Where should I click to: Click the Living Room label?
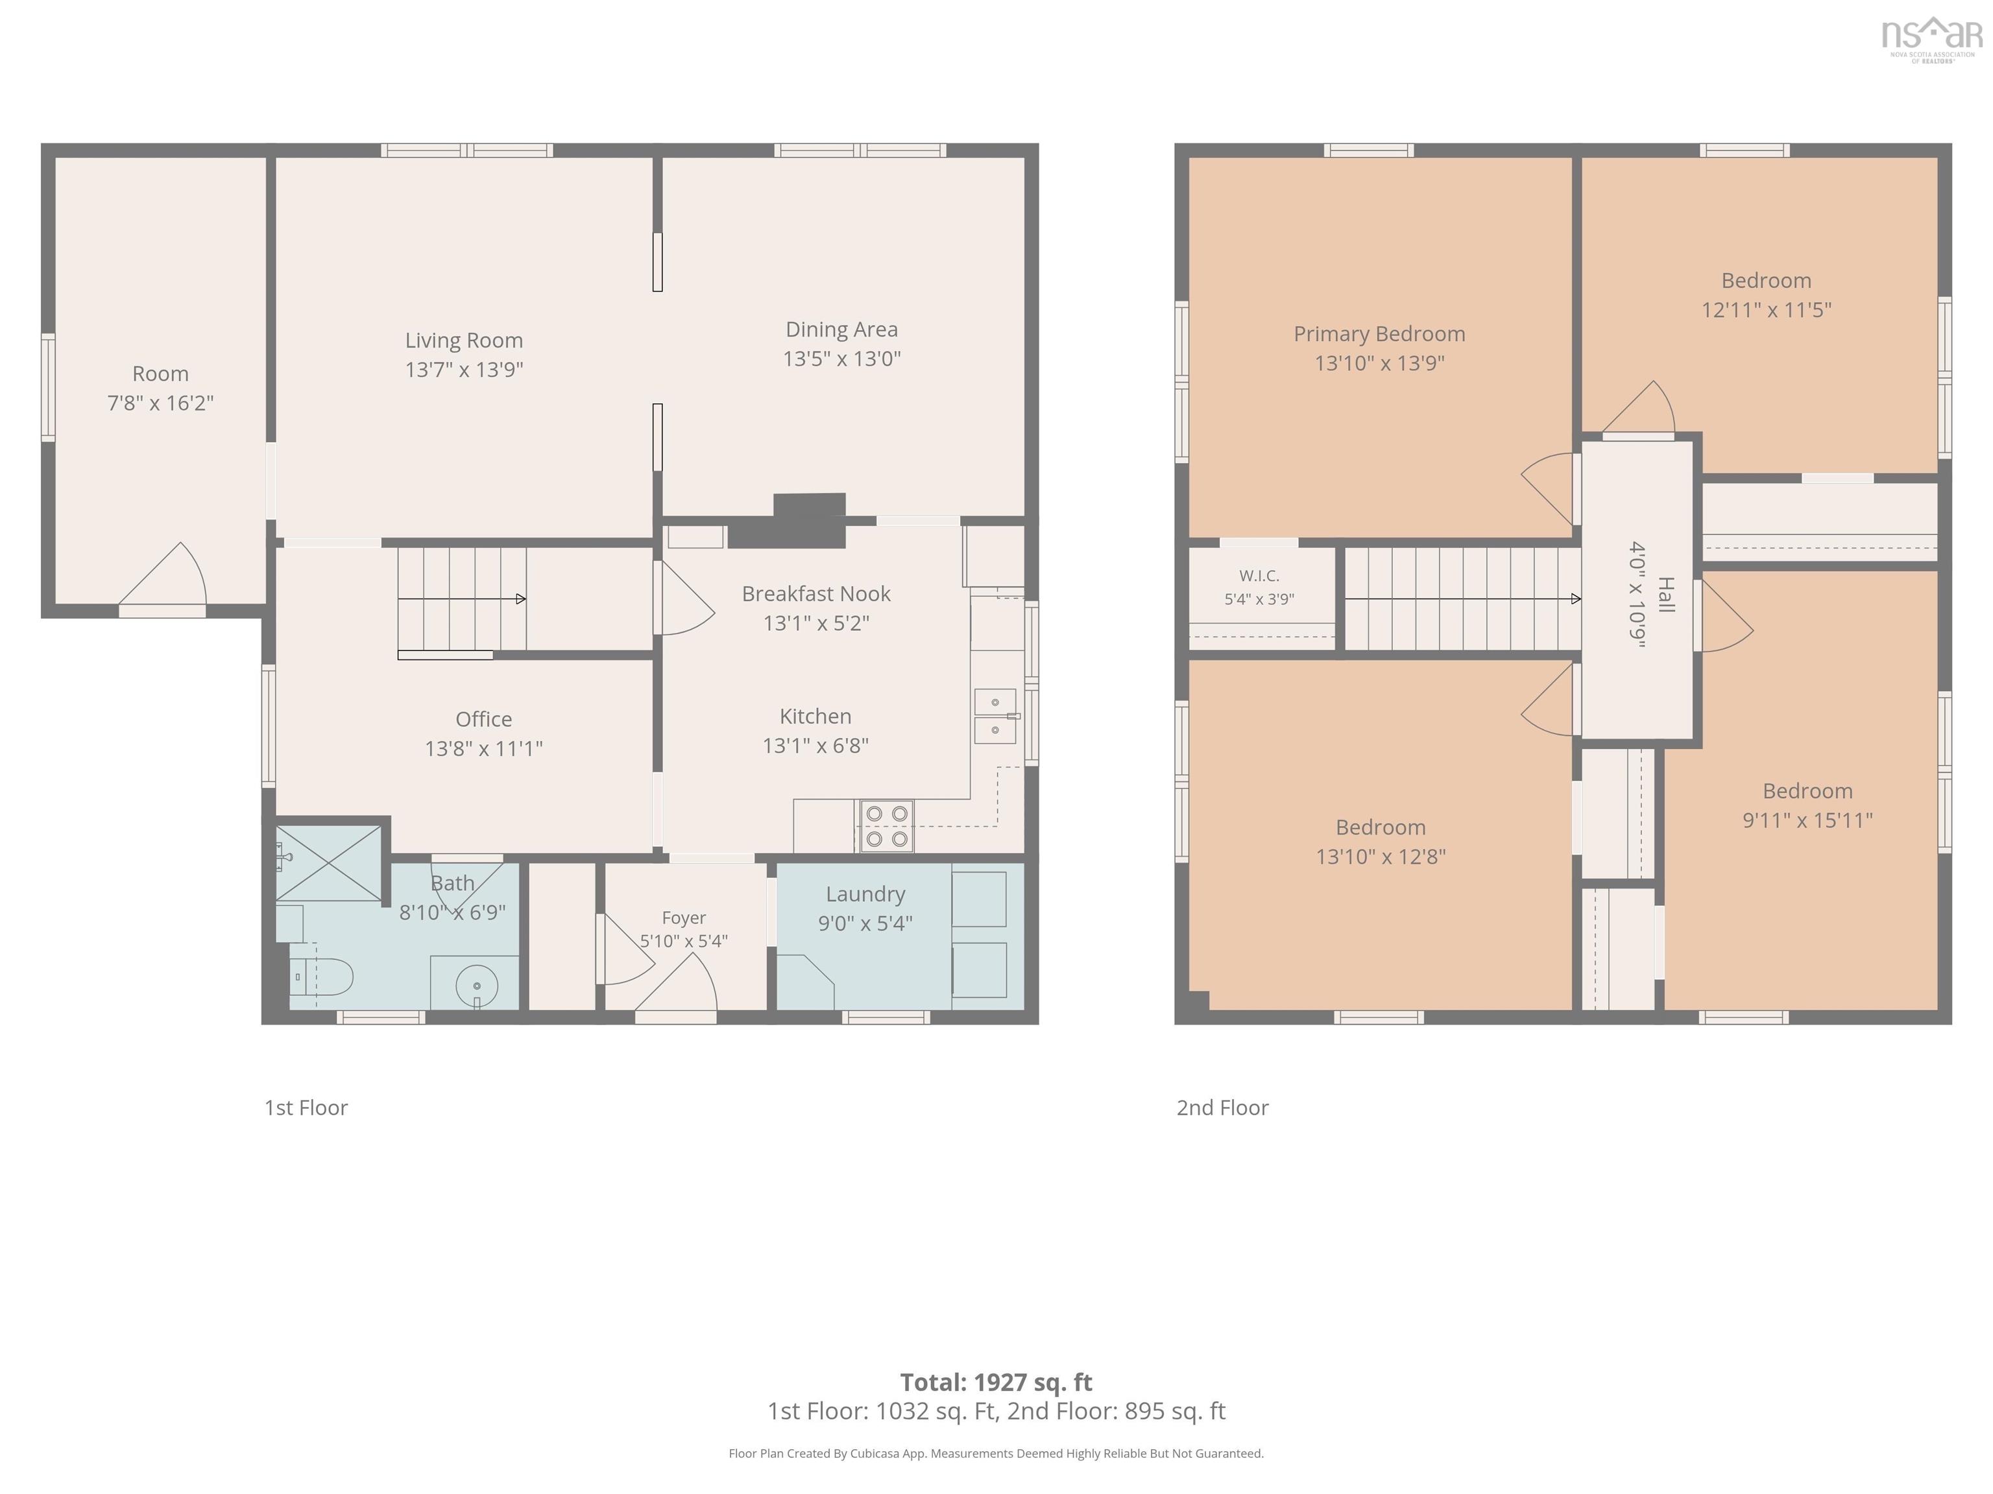tap(464, 340)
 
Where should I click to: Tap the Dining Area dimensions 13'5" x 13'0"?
tap(841, 359)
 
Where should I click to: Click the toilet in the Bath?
tap(322, 976)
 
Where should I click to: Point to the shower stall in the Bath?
tap(329, 862)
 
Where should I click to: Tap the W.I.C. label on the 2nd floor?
tap(1259, 575)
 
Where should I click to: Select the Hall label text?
tap(1666, 595)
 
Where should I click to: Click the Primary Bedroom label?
tap(1379, 334)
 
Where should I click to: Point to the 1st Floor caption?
tap(306, 1108)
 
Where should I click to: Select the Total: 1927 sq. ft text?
tap(996, 1382)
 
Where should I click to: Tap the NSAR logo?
tap(1932, 38)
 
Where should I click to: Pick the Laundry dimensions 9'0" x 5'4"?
tap(865, 923)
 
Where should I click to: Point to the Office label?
tap(484, 718)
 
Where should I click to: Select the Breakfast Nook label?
tap(815, 593)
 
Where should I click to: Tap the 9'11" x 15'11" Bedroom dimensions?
tap(1807, 820)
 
